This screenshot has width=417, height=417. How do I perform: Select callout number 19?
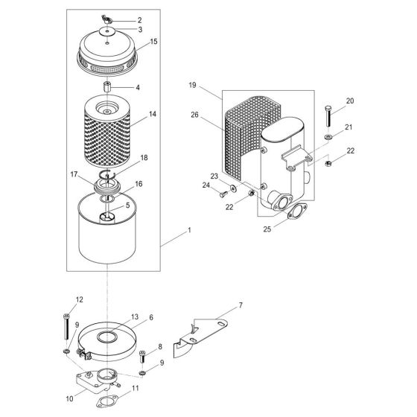(192, 86)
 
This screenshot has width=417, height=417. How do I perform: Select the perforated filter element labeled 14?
(109, 124)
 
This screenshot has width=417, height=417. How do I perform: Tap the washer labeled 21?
(328, 138)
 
